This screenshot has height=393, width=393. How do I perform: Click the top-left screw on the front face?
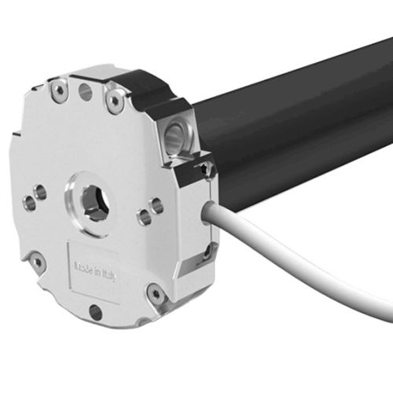coord(59,90)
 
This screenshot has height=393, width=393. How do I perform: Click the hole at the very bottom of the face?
coord(95,312)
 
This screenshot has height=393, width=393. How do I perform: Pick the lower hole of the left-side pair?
coord(30,204)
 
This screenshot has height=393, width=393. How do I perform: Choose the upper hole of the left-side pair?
coord(40,191)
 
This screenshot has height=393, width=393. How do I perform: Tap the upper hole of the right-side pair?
coord(156,206)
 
